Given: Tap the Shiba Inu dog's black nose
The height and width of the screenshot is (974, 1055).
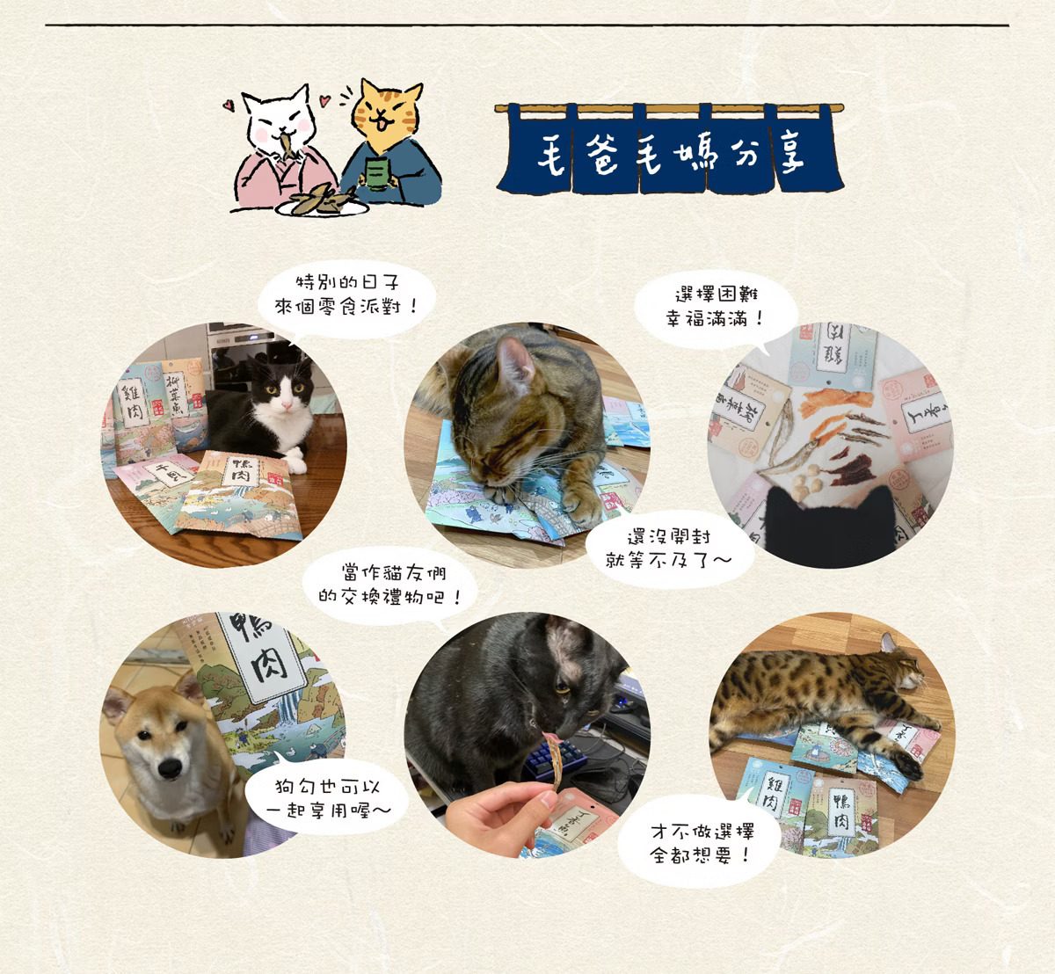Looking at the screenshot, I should pos(169,767).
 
